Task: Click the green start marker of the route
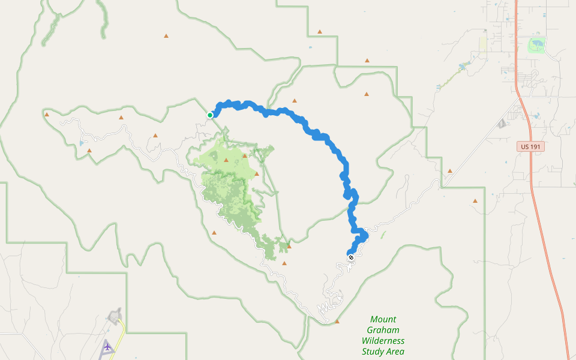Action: [x=210, y=115]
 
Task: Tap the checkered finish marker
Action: [x=351, y=257]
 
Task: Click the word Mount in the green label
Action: [x=383, y=319]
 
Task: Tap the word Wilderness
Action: [x=383, y=341]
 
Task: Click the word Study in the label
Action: [x=373, y=352]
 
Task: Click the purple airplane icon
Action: [x=107, y=346]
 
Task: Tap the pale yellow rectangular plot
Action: [x=484, y=43]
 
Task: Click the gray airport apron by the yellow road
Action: [x=114, y=316]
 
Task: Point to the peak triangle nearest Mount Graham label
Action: [x=337, y=322]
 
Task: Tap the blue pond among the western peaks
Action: [x=81, y=143]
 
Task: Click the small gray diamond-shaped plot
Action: [x=502, y=124]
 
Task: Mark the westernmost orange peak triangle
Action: [x=46, y=113]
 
